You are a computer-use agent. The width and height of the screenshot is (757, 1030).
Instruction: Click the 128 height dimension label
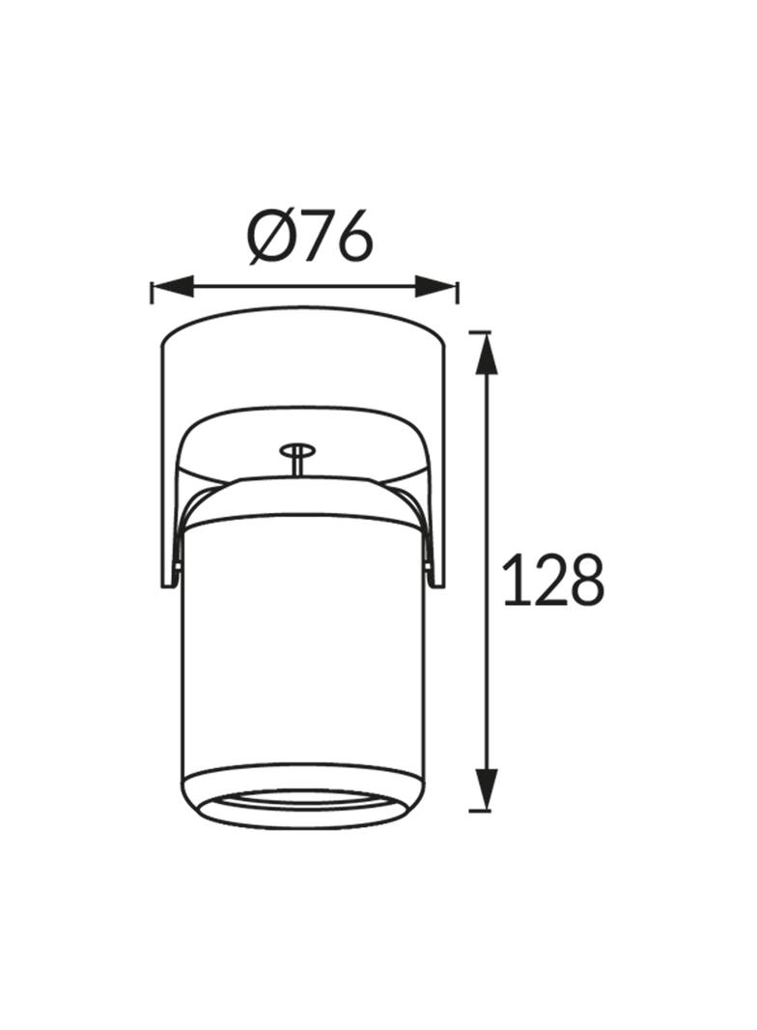pyautogui.click(x=552, y=580)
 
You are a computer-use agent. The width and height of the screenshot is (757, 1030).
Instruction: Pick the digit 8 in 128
pyautogui.click(x=583, y=580)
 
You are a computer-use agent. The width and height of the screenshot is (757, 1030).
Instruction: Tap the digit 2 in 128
pyautogui.click(x=543, y=580)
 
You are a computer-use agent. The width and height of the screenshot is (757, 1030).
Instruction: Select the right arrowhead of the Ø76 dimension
pyautogui.click(x=435, y=286)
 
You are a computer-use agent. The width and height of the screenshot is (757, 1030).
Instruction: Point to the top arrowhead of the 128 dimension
pyautogui.click(x=487, y=354)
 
